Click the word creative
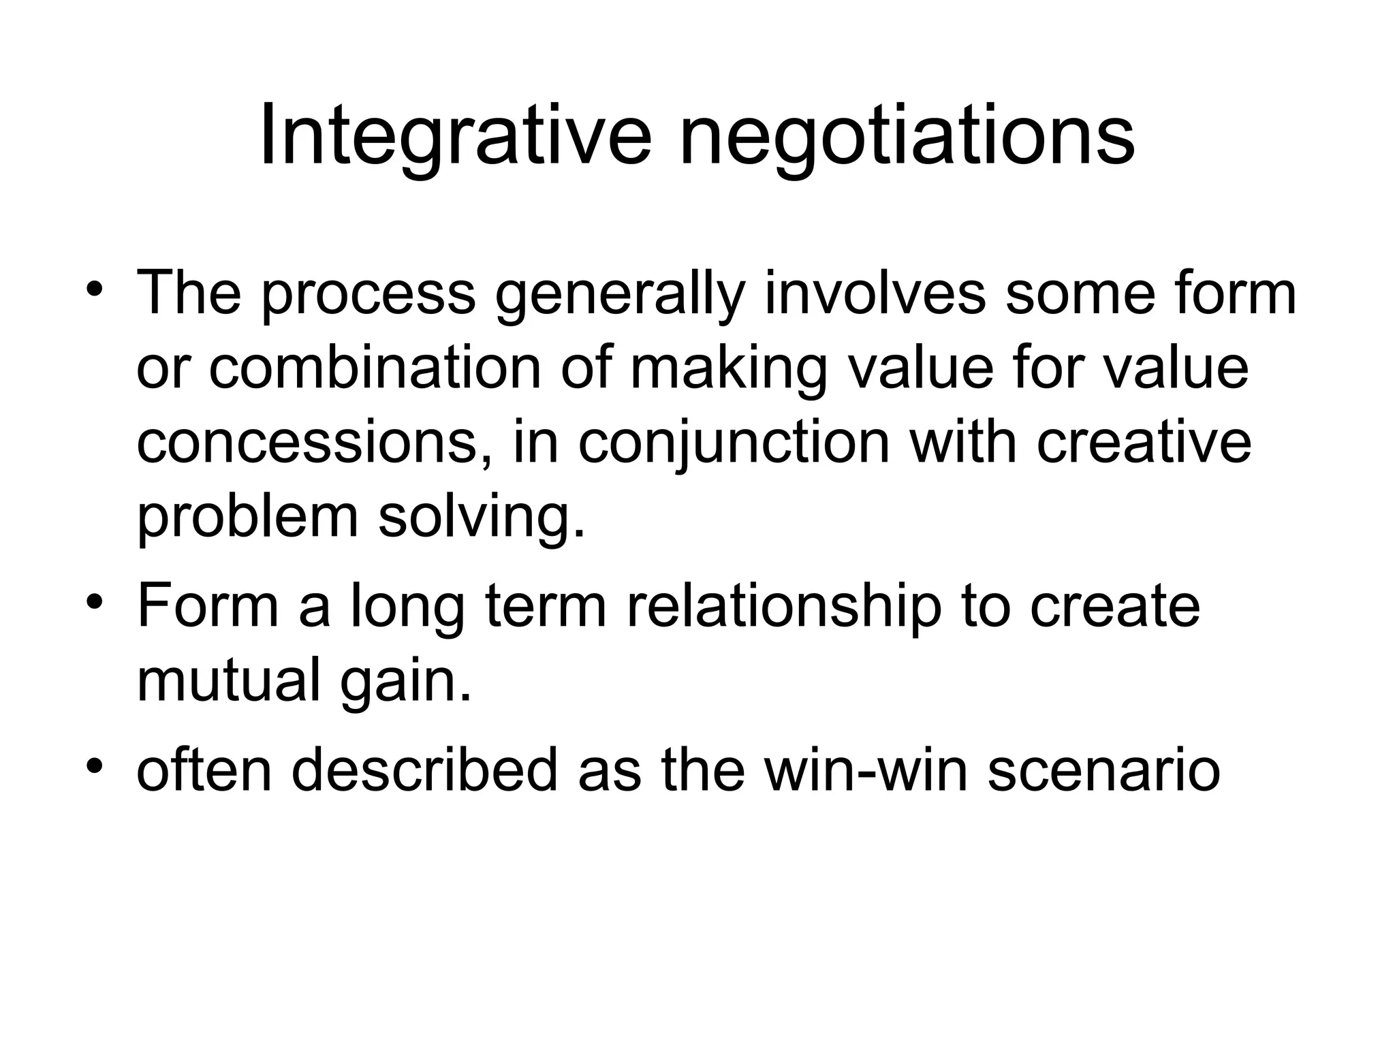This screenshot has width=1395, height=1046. [1144, 442]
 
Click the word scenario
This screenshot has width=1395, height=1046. [1103, 770]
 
